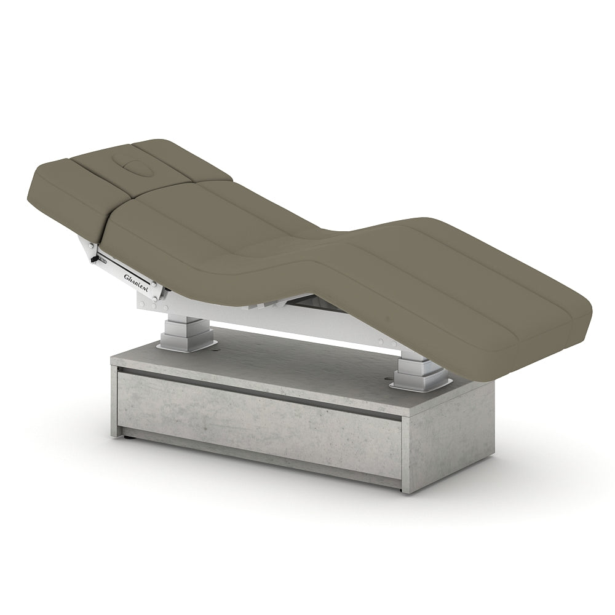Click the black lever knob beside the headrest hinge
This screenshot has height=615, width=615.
point(93,260)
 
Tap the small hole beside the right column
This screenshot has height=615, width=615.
point(390,379)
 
